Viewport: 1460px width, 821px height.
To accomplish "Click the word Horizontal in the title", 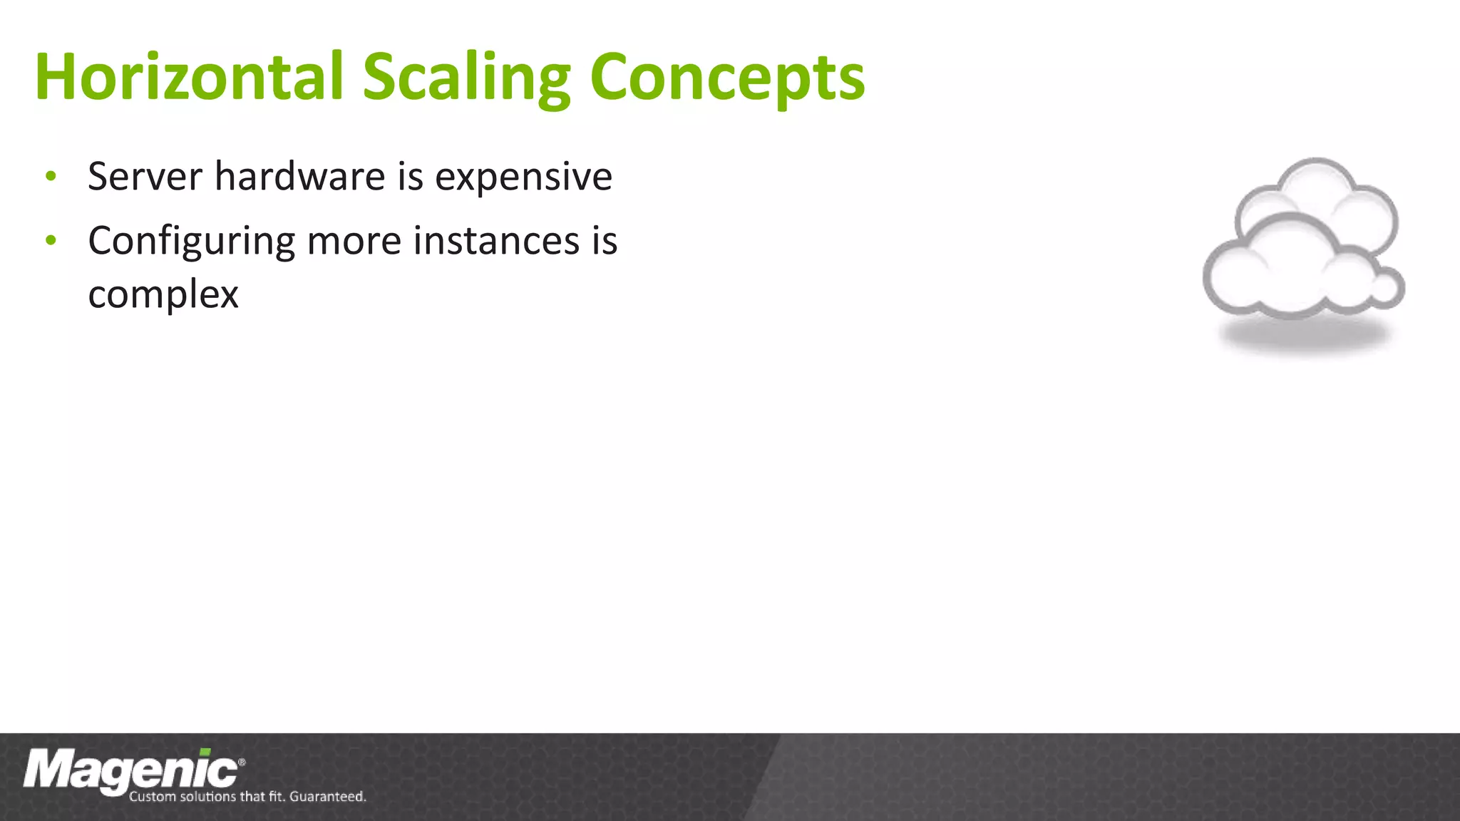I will pyautogui.click(x=189, y=77).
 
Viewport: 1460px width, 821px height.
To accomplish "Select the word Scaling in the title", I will pyautogui.click(x=466, y=78).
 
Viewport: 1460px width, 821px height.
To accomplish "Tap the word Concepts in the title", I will pyautogui.click(x=727, y=78).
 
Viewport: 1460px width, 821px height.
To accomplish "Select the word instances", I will pyautogui.click(x=496, y=241).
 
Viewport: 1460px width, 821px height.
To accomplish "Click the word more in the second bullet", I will pyautogui.click(x=354, y=241).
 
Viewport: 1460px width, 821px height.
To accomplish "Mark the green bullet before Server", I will pyautogui.click(x=50, y=176).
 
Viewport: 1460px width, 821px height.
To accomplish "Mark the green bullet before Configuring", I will pyautogui.click(x=50, y=241).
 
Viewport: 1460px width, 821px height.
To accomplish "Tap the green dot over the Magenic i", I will pyautogui.click(x=205, y=753).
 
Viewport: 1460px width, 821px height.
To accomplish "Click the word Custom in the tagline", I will pyautogui.click(x=151, y=797).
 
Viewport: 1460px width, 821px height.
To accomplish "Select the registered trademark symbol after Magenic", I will pyautogui.click(x=242, y=763).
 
